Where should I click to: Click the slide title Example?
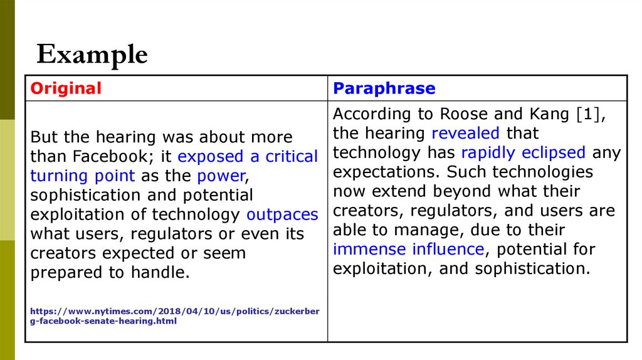pyautogui.click(x=92, y=55)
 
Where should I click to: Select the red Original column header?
pyautogui.click(x=66, y=88)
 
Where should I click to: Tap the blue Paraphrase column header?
pyautogui.click(x=384, y=88)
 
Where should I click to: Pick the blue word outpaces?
pyautogui.click(x=282, y=214)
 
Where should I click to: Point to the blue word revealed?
pyautogui.click(x=465, y=133)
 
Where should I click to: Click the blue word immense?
pyautogui.click(x=370, y=249)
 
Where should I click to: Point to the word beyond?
pyautogui.click(x=463, y=191)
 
